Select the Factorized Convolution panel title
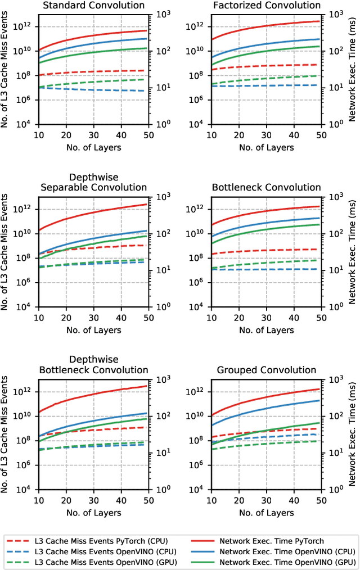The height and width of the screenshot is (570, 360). click(267, 6)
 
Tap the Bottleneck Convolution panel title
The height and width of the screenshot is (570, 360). click(267, 188)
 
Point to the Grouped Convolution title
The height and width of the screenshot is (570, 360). click(267, 370)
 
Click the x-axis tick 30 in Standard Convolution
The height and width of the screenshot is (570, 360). click(93, 135)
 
